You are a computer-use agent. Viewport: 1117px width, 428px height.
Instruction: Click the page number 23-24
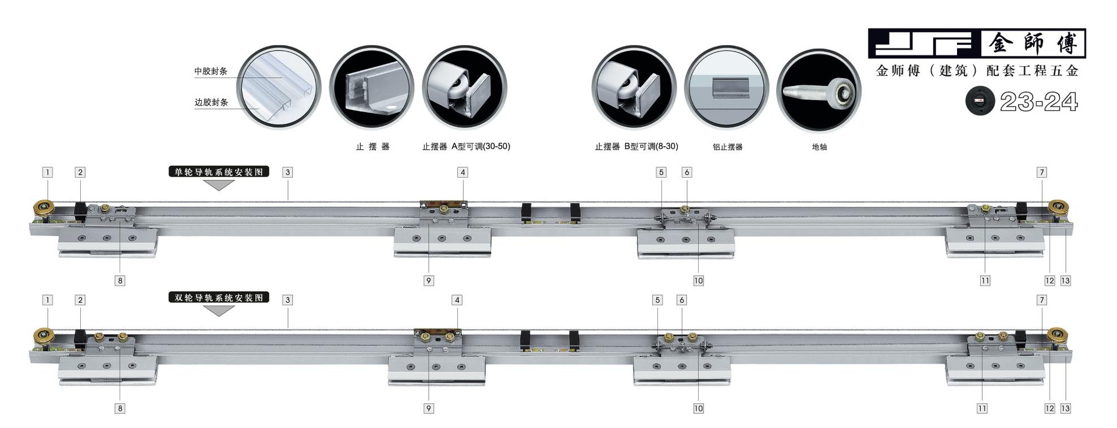pyautogui.click(x=1038, y=102)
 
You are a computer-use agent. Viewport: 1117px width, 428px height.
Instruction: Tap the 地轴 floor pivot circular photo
pyautogui.click(x=819, y=91)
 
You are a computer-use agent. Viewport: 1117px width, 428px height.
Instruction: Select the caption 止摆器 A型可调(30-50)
pyautogui.click(x=466, y=146)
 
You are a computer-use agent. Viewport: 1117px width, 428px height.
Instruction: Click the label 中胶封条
pyautogui.click(x=211, y=71)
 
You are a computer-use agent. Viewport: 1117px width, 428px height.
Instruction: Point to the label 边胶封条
pyautogui.click(x=211, y=102)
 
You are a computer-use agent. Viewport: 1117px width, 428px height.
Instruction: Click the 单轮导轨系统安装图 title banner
pyautogui.click(x=219, y=172)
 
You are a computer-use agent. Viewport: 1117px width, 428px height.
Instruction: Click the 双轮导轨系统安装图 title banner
pyautogui.click(x=219, y=298)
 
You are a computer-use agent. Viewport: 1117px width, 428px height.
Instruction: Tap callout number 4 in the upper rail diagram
pyautogui.click(x=463, y=172)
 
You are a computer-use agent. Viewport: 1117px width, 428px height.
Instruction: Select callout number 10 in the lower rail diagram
pyautogui.click(x=698, y=408)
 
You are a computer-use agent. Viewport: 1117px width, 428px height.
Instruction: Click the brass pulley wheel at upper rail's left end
pyautogui.click(x=44, y=208)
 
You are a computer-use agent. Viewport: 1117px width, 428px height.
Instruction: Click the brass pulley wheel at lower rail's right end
pyautogui.click(x=1057, y=336)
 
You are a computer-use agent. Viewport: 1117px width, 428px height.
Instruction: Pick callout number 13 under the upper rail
pyautogui.click(x=1065, y=281)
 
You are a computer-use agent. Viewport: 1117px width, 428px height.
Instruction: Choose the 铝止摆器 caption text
pyautogui.click(x=727, y=147)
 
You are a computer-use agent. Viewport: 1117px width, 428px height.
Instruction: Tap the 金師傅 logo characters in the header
pyautogui.click(x=1033, y=43)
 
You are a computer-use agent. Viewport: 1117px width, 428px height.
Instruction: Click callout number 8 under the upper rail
pyautogui.click(x=120, y=281)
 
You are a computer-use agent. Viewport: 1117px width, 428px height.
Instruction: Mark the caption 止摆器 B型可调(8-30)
pyautogui.click(x=636, y=146)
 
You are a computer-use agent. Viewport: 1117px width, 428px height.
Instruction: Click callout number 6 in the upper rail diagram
pyautogui.click(x=686, y=172)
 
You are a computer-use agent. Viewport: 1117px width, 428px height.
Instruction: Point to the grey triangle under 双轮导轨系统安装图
pyautogui.click(x=219, y=310)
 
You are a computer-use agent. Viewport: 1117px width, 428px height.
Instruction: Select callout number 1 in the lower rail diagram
pyautogui.click(x=48, y=300)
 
